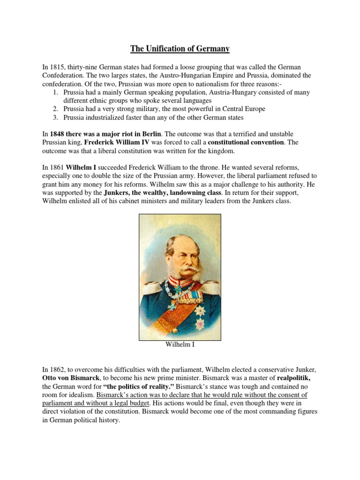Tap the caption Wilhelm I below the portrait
[x=180, y=345]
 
